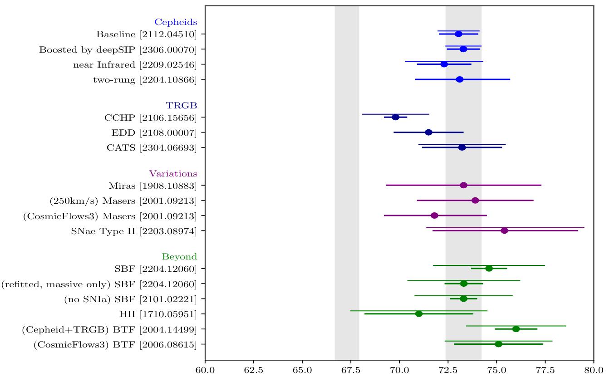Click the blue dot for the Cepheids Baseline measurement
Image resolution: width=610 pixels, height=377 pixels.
pyautogui.click(x=458, y=34)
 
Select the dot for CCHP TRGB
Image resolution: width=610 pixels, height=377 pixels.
pyautogui.click(x=395, y=117)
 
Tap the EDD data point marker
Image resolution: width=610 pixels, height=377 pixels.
pyautogui.click(x=428, y=132)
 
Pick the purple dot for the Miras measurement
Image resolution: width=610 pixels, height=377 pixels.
pyautogui.click(x=463, y=185)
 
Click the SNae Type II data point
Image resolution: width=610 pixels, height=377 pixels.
pyautogui.click(x=504, y=230)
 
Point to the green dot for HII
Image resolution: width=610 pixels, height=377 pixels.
pyautogui.click(x=419, y=313)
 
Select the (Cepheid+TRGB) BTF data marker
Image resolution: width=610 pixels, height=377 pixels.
pyautogui.click(x=516, y=329)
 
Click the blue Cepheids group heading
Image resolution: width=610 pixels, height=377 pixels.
pyautogui.click(x=176, y=22)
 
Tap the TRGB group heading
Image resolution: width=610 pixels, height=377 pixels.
pyautogui.click(x=182, y=105)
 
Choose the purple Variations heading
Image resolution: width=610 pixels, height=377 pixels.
pyautogui.click(x=173, y=173)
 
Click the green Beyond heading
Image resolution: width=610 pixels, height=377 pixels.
pyautogui.click(x=180, y=256)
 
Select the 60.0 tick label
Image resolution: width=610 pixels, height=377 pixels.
pyautogui.click(x=205, y=370)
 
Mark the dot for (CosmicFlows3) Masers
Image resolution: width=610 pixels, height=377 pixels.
pyautogui.click(x=434, y=215)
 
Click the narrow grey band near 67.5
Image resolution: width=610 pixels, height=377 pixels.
pyautogui.click(x=347, y=181)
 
